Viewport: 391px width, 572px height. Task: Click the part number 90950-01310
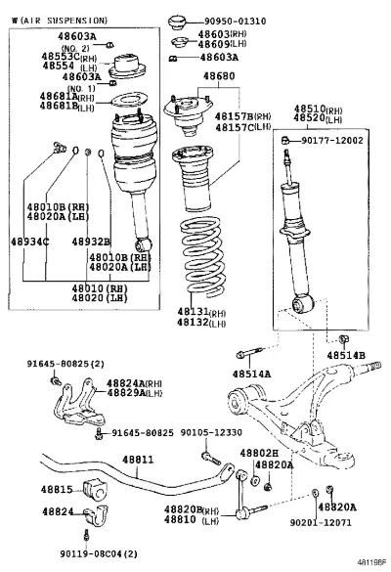235,22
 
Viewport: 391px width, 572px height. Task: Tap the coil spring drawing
201,256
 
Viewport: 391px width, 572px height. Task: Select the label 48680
219,76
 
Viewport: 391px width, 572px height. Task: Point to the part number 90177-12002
332,141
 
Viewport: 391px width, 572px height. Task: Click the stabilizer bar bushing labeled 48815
95,489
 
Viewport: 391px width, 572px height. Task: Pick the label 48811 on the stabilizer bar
138,460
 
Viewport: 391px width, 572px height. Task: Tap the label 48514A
251,374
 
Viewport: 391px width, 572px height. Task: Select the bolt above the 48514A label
249,353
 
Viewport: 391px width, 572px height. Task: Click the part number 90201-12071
321,522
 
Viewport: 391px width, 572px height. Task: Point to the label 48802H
259,453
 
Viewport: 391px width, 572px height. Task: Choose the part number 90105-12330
211,432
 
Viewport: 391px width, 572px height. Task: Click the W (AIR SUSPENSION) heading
60,21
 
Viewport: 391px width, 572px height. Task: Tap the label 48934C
30,242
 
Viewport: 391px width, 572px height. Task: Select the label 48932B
91,242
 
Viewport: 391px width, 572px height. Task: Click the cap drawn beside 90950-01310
178,22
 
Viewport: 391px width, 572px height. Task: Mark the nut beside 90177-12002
285,140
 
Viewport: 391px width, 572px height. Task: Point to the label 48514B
346,355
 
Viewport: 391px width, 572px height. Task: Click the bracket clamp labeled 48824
97,515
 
